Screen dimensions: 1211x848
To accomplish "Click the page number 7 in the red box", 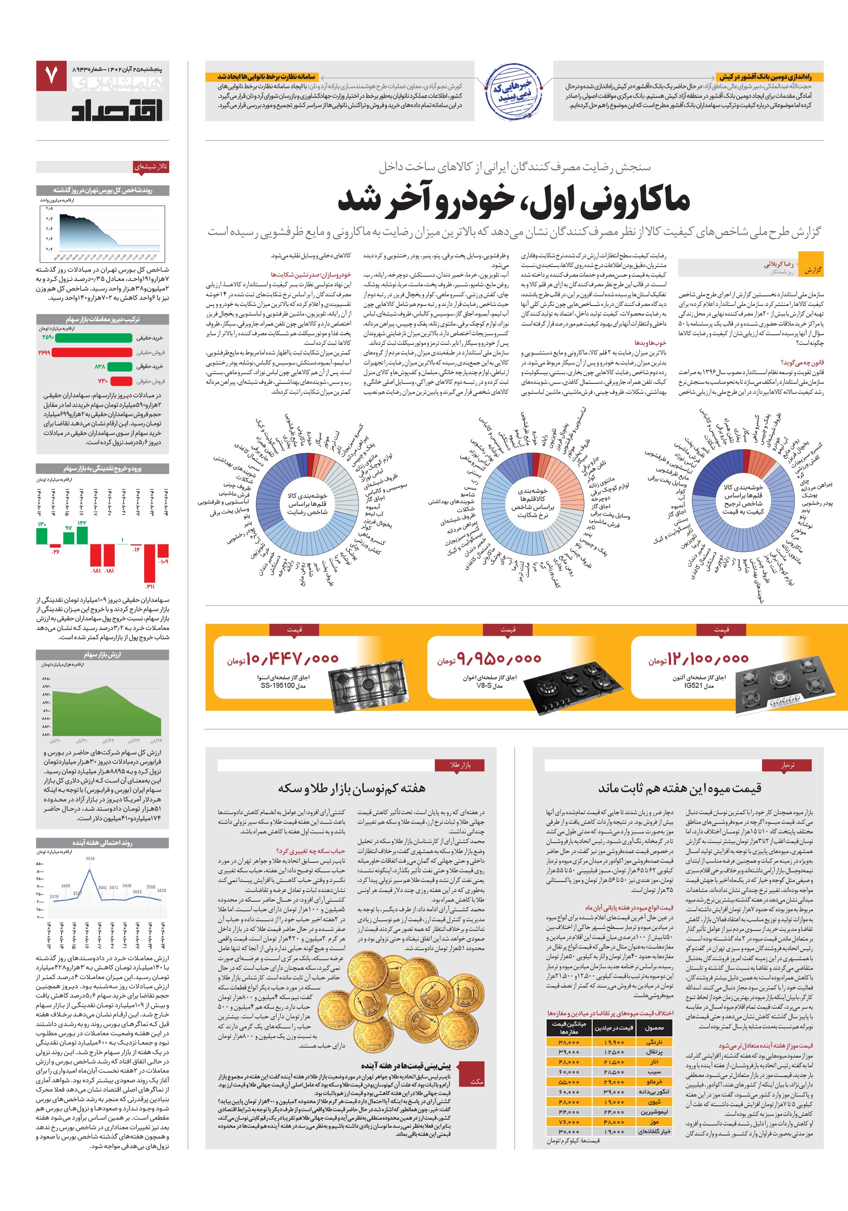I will (x=51, y=76).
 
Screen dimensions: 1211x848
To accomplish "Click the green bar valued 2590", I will (x=93, y=338).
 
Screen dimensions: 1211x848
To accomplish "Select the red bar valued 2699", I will (x=92, y=352).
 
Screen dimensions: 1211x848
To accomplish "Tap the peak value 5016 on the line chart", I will (x=90, y=859).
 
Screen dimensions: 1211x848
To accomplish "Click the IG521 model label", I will (x=699, y=686).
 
